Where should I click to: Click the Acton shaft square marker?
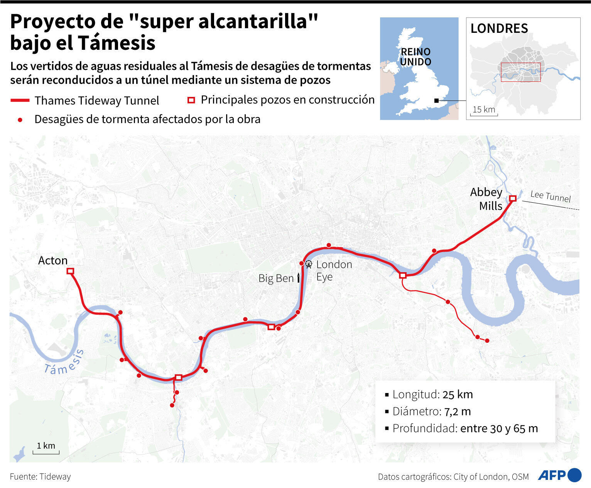tap(70, 271)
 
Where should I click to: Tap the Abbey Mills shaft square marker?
tap(513, 198)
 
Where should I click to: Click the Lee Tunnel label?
tap(550, 197)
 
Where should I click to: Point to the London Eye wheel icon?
tap(309, 264)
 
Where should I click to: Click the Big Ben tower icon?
tap(298, 278)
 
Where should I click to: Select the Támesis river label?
tap(64, 363)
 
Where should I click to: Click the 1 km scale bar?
tap(46, 450)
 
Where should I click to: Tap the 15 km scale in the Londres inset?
tap(484, 111)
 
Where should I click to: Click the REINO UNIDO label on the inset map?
tap(415, 57)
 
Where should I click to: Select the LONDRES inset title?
tap(499, 29)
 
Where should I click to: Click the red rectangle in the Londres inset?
tap(520, 72)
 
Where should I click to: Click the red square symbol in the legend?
tap(191, 100)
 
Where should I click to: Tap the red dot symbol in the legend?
tap(20, 120)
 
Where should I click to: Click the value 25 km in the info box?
tap(458, 395)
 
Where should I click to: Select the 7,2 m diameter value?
tap(458, 412)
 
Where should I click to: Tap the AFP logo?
tap(559, 475)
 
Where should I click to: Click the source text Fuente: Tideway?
tap(41, 477)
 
